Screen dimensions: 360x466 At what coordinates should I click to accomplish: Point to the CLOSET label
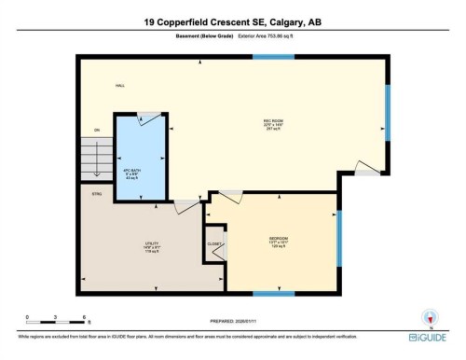(x=213, y=244)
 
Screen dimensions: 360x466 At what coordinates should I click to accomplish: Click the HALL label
(x=119, y=85)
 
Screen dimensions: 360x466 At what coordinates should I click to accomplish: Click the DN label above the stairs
(x=96, y=130)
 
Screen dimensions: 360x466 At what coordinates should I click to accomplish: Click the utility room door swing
(x=186, y=205)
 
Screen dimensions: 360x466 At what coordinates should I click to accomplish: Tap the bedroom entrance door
(x=229, y=195)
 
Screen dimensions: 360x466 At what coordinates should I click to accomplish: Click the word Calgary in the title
(x=272, y=21)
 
